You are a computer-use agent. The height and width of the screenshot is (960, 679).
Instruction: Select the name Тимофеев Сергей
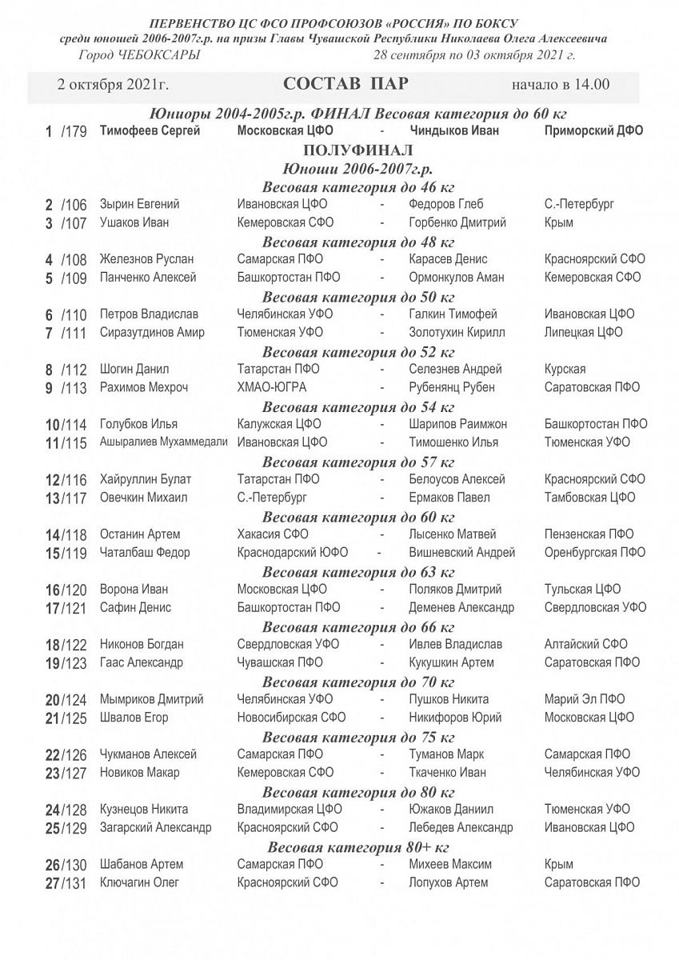pos(150,131)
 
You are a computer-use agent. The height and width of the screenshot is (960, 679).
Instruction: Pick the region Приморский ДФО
pos(593,131)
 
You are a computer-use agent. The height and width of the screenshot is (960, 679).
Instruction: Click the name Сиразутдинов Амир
pos(152,333)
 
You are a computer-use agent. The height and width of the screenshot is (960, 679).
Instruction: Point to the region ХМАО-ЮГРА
pos(272,387)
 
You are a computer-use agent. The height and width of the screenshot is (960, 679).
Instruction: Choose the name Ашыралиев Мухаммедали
pos(164,442)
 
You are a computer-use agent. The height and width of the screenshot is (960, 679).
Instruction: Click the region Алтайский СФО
pos(585,644)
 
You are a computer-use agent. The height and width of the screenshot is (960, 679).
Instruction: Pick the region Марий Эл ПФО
pos(585,699)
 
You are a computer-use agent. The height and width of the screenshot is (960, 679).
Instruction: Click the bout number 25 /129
pos(66,828)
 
